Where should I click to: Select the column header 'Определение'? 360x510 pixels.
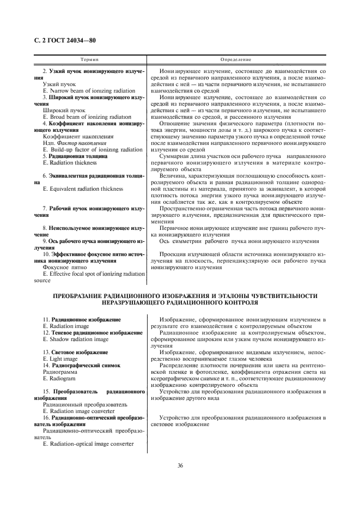(x=235, y=58)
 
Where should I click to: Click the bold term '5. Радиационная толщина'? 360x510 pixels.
(x=75, y=156)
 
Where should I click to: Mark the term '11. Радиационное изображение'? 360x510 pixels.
(x=81, y=318)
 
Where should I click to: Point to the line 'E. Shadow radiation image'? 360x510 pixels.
(x=75, y=338)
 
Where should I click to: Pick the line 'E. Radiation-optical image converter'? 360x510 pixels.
(x=88, y=444)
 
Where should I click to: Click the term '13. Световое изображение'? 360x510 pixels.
(x=75, y=352)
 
